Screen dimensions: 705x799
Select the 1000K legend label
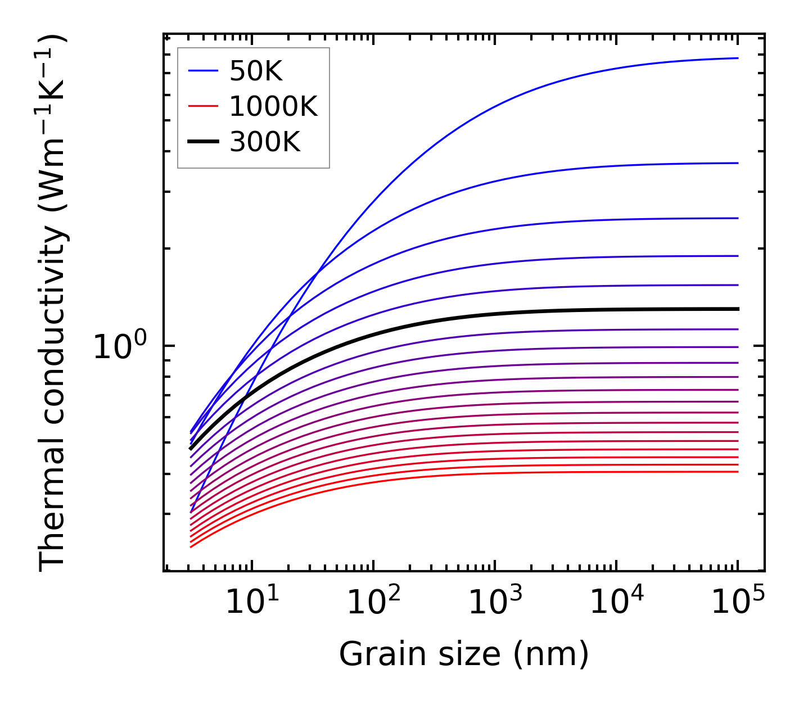tap(273, 106)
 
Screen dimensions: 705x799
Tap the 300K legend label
tap(265, 142)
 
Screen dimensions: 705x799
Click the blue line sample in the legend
tap(202, 71)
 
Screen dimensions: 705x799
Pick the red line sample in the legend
tap(202, 106)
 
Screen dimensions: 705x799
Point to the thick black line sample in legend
tap(202, 142)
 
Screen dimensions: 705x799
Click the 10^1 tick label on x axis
tap(252, 603)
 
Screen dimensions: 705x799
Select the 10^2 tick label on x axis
tap(373, 603)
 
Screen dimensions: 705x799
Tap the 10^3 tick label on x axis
tap(495, 603)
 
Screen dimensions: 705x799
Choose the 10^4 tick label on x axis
tap(616, 603)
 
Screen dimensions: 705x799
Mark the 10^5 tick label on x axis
tap(738, 603)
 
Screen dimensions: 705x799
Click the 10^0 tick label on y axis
tap(120, 347)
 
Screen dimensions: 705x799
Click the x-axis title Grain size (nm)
tap(464, 654)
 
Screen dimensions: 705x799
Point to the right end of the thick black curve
tap(737, 309)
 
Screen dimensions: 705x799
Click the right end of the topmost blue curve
tap(737, 58)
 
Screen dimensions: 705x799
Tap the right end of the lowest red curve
tap(737, 471)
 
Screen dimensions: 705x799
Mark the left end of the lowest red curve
tap(191, 547)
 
